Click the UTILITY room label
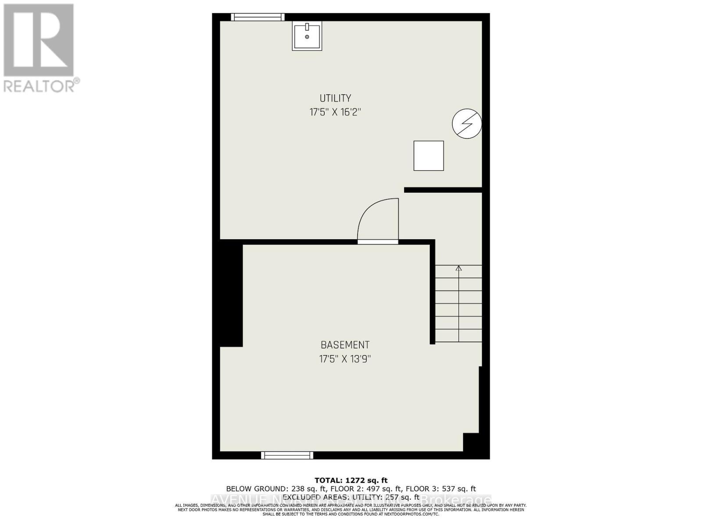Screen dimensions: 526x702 [335, 98]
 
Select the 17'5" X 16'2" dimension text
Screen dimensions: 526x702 [335, 112]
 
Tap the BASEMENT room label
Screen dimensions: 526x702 [345, 345]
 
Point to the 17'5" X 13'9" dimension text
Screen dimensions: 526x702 [345, 359]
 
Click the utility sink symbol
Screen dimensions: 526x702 [307, 36]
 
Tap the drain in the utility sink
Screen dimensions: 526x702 [307, 37]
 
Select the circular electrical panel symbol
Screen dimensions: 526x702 [467, 124]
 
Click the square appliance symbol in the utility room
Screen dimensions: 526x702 [429, 156]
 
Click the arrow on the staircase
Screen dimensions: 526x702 [458, 268]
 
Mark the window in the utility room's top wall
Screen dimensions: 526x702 [258, 17]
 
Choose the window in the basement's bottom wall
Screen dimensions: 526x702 [287, 455]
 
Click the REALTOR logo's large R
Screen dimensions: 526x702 [39, 40]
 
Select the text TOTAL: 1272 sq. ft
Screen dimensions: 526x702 [351, 480]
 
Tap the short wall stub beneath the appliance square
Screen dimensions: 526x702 [443, 190]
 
